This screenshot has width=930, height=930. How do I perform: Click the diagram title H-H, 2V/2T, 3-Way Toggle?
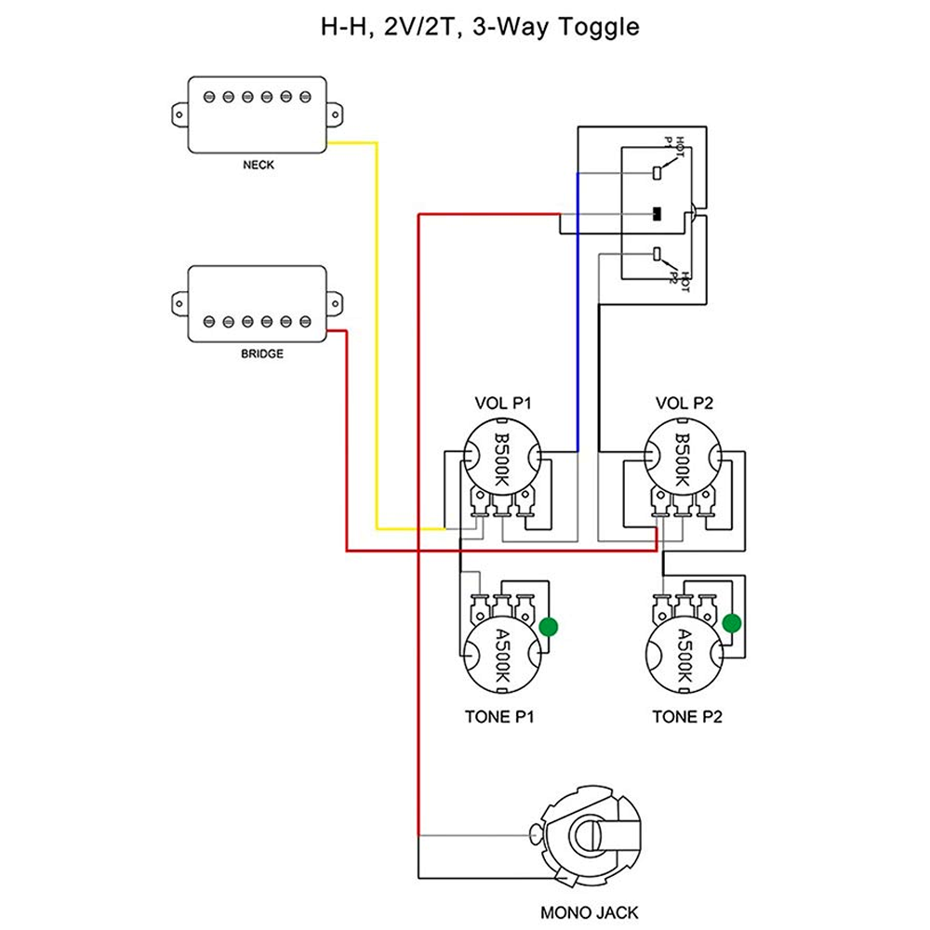click(480, 27)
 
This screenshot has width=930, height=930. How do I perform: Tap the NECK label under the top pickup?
click(259, 165)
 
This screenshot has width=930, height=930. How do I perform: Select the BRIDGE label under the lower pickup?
click(262, 354)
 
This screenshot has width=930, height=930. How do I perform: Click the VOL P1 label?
click(503, 404)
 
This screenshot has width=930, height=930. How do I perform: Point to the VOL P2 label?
click(684, 404)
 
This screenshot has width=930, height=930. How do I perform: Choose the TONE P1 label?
click(499, 717)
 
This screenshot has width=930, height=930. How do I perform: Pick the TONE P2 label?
click(687, 717)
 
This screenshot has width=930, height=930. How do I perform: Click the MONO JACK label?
click(589, 912)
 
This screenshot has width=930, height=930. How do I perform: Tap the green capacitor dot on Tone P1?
click(549, 627)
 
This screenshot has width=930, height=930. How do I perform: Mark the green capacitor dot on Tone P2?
click(732, 623)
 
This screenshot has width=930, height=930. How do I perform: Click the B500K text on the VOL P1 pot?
click(502, 459)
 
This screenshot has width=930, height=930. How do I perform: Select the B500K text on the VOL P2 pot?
click(683, 459)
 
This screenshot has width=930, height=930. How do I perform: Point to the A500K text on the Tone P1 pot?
click(502, 656)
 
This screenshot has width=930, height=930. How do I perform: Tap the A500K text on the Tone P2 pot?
click(684, 656)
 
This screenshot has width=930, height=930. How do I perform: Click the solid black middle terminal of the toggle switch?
click(657, 214)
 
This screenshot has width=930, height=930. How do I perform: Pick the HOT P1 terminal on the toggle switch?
click(657, 173)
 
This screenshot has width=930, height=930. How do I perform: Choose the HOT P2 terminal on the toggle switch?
click(657, 254)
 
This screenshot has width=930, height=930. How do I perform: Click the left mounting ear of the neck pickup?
click(179, 114)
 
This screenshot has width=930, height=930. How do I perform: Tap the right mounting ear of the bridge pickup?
click(335, 304)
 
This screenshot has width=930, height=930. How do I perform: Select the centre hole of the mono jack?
click(586, 835)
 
